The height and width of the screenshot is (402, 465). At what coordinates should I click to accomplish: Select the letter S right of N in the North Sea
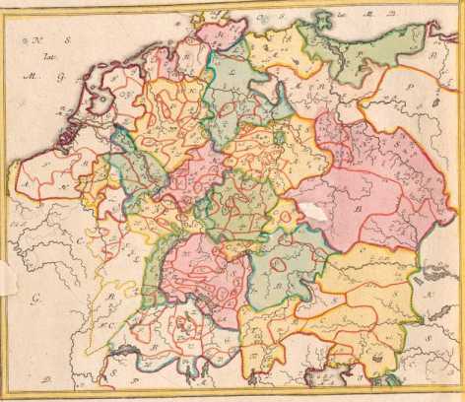click(x=51, y=41)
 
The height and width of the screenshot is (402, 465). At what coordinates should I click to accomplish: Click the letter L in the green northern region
click(x=230, y=75)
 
